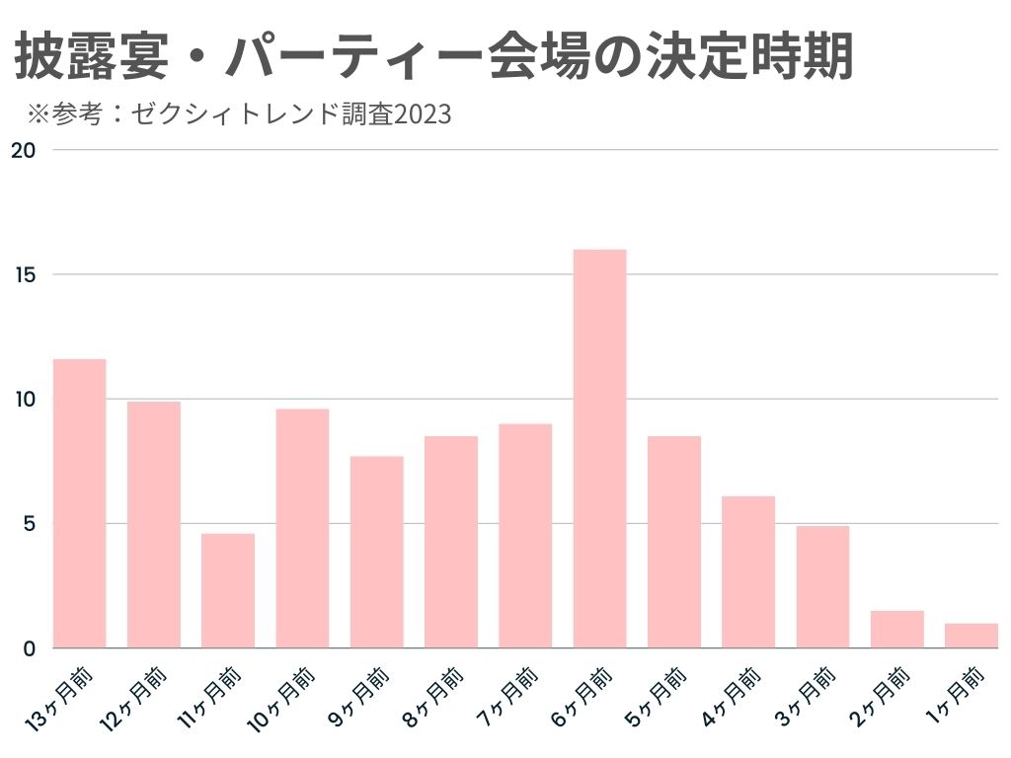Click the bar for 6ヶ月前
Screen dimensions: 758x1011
point(599,449)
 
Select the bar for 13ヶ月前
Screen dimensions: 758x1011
point(79,503)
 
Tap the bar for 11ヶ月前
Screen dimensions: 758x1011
point(228,590)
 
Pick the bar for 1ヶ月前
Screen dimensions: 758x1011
point(971,636)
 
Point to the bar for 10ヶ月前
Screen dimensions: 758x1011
point(302,528)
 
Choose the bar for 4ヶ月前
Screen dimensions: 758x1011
point(748,571)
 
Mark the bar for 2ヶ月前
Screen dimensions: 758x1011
point(896,630)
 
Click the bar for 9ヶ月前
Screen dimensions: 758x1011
point(376,552)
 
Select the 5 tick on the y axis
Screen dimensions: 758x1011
point(30,523)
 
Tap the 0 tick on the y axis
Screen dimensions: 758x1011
point(30,648)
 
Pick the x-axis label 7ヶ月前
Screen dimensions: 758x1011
point(510,695)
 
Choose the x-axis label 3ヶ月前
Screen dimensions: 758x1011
point(809,695)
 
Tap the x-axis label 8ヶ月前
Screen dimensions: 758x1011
point(436,695)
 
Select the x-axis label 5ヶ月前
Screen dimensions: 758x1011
point(660,695)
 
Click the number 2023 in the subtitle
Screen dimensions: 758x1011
point(424,115)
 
